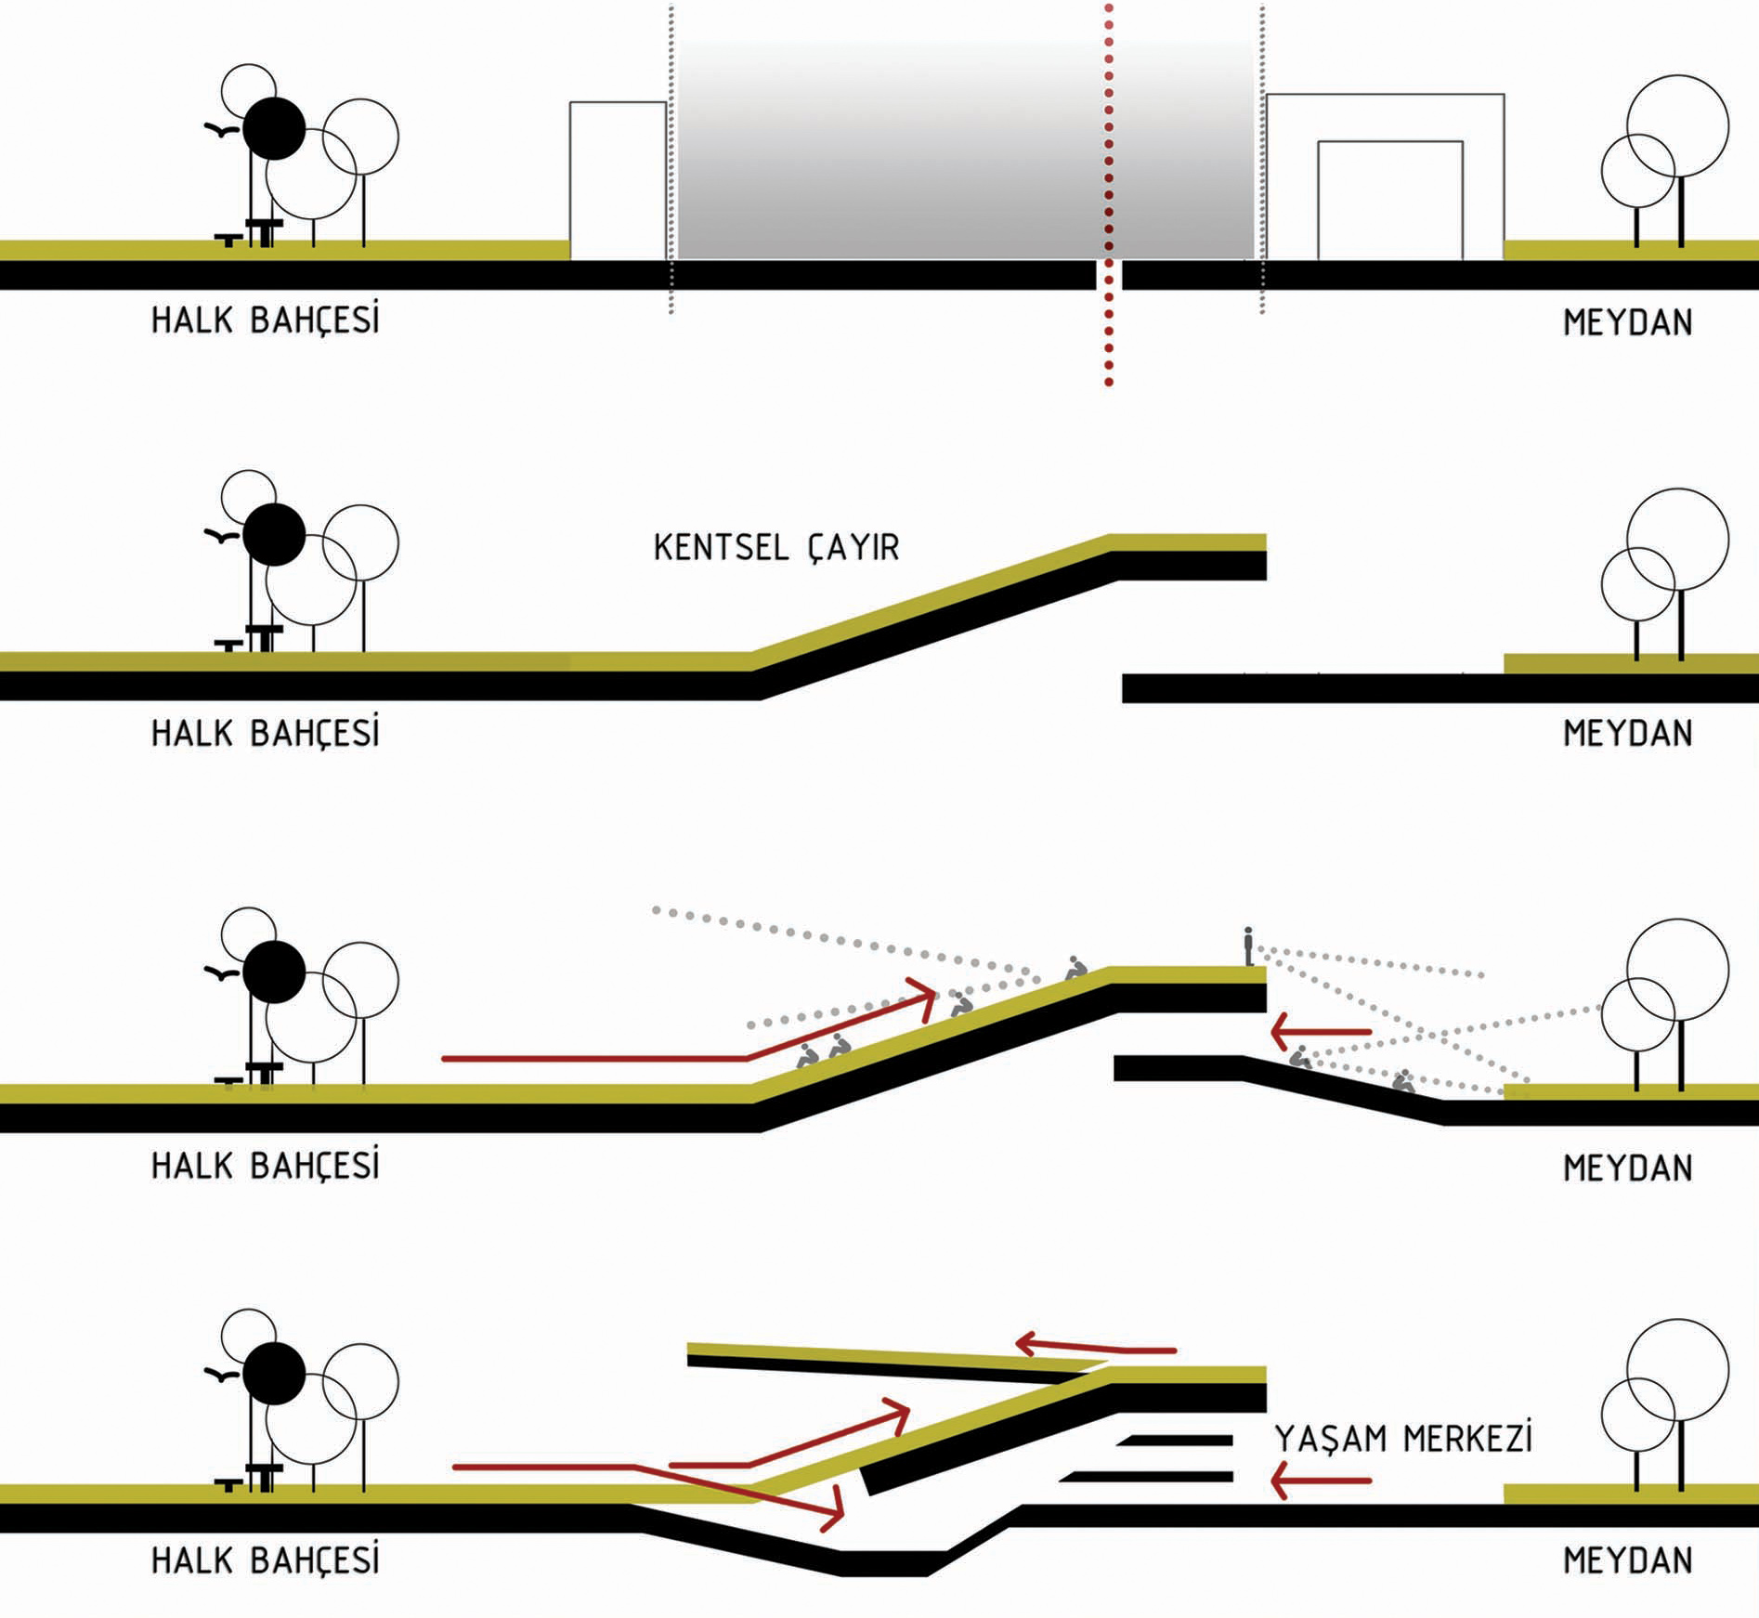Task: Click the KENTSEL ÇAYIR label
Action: pos(776,547)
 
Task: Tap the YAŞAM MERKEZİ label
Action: pos(1402,1438)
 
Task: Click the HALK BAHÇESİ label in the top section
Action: pos(266,320)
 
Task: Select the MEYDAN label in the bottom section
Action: pos(1628,1560)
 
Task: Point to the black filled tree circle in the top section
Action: pos(274,128)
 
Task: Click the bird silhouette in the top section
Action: pos(221,130)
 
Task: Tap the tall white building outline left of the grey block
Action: pos(570,181)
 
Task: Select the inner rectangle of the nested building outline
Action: pos(1319,200)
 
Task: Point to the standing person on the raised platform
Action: pos(1248,946)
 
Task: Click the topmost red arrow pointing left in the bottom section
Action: pos(1096,1346)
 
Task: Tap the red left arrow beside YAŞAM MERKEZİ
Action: pos(1321,1481)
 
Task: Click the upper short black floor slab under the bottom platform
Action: pos(1175,1441)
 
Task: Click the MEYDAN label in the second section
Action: pos(1628,734)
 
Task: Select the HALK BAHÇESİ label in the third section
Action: pos(266,1165)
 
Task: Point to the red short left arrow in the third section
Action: pos(1321,1032)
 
